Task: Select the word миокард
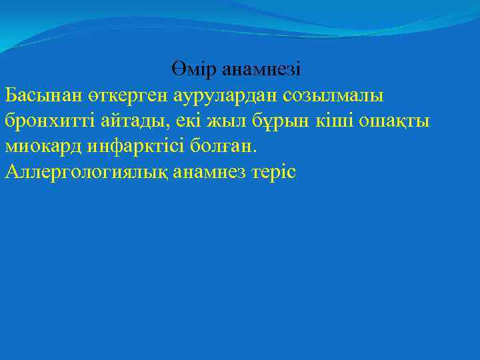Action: [x=44, y=147]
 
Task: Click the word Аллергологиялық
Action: [x=86, y=173]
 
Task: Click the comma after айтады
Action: [x=165, y=127]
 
